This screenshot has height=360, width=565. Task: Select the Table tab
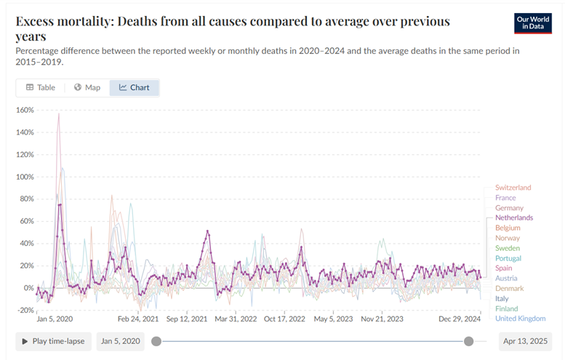point(41,88)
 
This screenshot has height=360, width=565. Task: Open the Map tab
point(87,88)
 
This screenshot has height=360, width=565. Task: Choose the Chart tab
point(135,88)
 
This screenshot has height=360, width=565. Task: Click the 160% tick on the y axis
point(25,111)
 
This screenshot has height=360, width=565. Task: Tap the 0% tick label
point(28,288)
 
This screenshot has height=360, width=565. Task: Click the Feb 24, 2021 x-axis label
point(138,319)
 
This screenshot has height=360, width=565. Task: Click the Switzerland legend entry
point(513,188)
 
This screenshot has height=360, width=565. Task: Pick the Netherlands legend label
point(513,218)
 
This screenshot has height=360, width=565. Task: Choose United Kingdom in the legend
point(519,319)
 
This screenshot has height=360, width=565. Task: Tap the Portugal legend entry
point(508,258)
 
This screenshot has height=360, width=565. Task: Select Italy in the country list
point(502,298)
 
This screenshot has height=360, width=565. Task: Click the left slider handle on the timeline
point(156,341)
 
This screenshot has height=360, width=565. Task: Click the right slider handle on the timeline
point(469,341)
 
